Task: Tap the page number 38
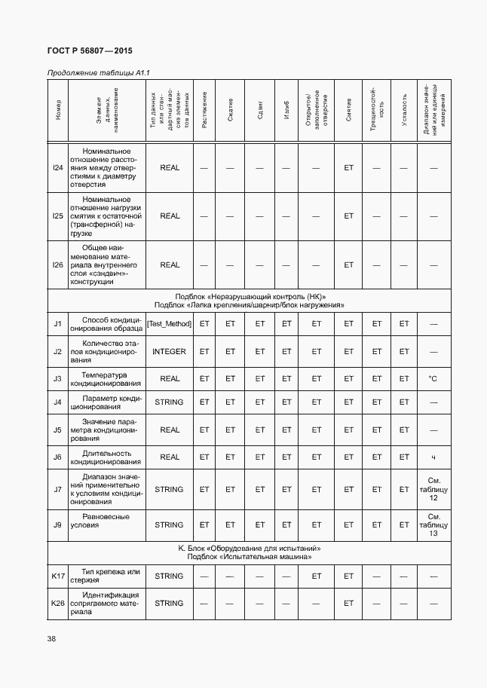[51, 639]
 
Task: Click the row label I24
[57, 167]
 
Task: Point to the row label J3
[57, 378]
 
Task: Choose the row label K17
[57, 576]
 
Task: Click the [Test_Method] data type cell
[170, 324]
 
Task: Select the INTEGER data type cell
[170, 351]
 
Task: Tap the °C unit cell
[433, 378]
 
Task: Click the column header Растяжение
[204, 110]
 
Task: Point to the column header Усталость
[404, 110]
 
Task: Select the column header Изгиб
[286, 110]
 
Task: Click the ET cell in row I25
[348, 216]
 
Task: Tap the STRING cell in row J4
[170, 402]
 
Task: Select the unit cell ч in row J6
[433, 457]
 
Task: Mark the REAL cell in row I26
[170, 264]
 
